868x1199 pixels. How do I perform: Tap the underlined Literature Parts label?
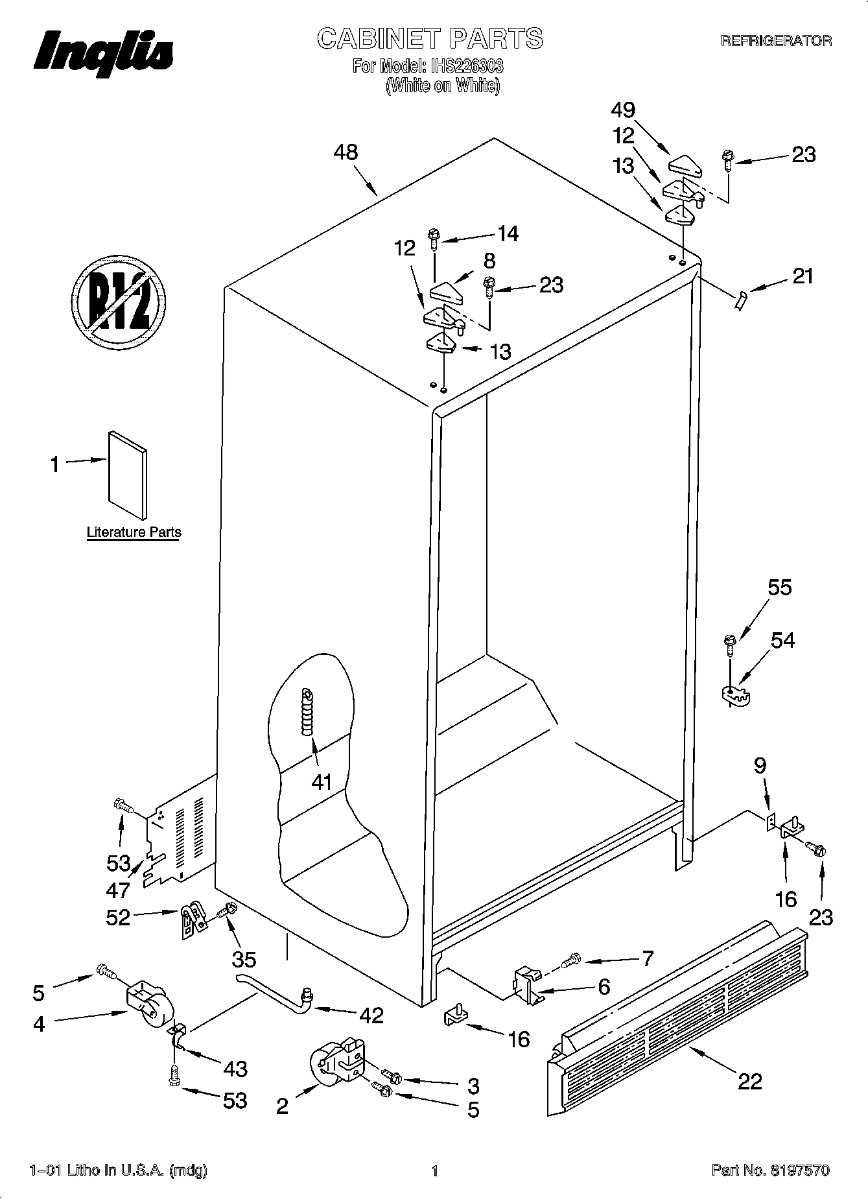(x=134, y=532)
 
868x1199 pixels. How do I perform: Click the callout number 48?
(x=346, y=152)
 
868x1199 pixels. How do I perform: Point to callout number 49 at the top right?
(x=623, y=110)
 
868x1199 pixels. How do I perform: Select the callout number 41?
(x=322, y=782)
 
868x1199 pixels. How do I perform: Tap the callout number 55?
(x=780, y=588)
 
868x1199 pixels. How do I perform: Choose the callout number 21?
(x=803, y=276)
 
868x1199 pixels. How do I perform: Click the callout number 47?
(x=119, y=890)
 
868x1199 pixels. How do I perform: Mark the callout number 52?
(x=118, y=917)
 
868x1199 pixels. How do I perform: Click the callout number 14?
(x=508, y=233)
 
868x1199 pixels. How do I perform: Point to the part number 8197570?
(x=800, y=1170)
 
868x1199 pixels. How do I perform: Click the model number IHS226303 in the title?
(x=464, y=66)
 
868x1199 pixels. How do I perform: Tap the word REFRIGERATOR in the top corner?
(x=776, y=41)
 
